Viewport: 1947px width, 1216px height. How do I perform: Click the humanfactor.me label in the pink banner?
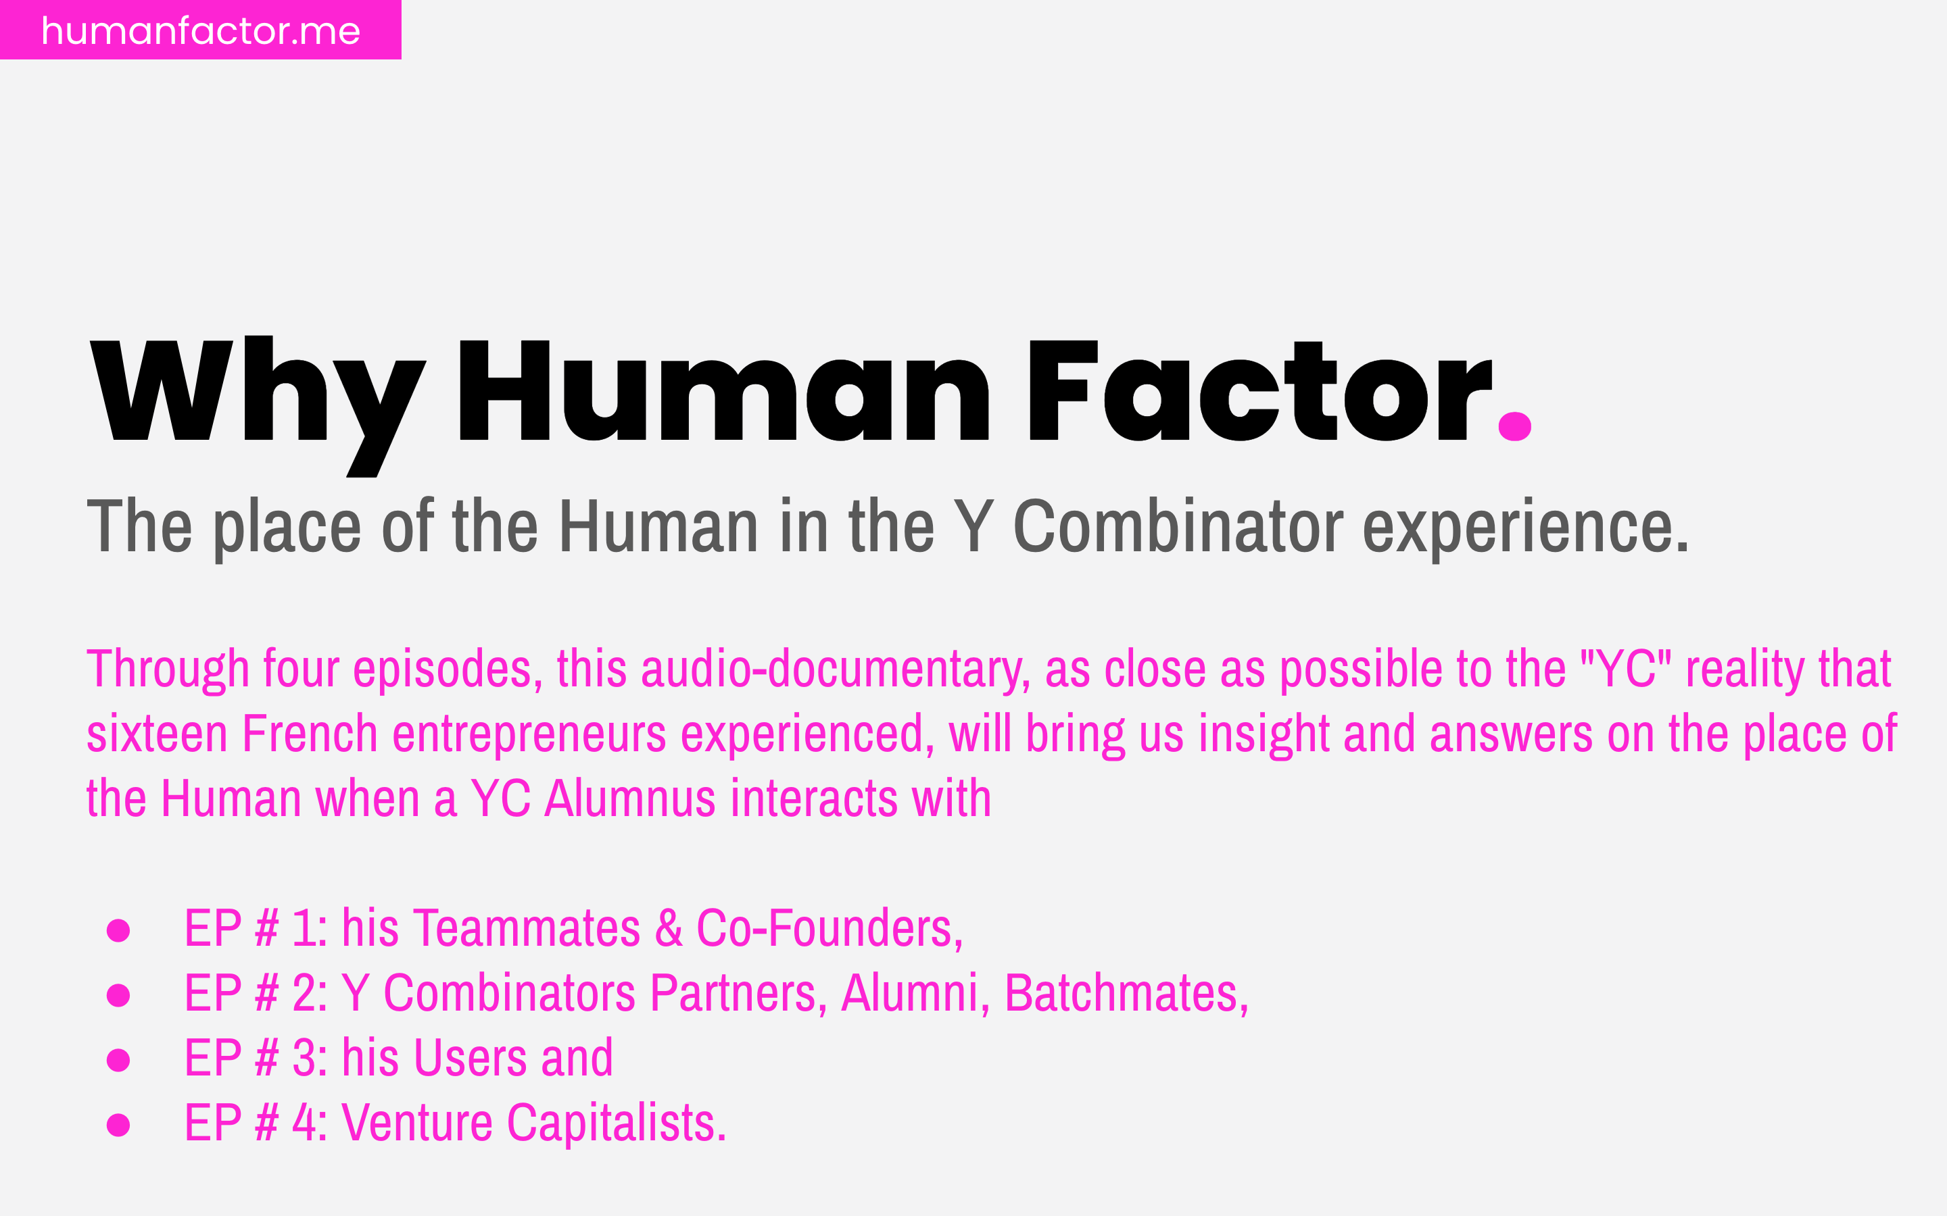click(x=200, y=30)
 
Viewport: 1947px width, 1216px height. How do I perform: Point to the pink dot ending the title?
click(x=1514, y=426)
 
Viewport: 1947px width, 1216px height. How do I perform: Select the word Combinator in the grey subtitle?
click(x=1178, y=527)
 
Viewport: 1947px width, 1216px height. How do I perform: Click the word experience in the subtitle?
click(x=1524, y=528)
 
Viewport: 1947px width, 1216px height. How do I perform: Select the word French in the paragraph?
click(x=310, y=734)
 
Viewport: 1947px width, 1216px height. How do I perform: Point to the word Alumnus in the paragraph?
click(x=630, y=799)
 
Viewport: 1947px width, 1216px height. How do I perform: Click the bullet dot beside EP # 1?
click(x=118, y=930)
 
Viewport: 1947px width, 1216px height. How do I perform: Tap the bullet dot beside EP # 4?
click(x=118, y=1125)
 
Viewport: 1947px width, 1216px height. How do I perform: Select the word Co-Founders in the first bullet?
click(x=829, y=929)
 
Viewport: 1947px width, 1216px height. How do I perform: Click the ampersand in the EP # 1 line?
click(x=669, y=929)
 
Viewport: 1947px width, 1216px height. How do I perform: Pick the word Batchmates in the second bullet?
click(x=1126, y=994)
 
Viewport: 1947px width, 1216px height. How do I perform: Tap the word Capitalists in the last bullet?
click(x=615, y=1123)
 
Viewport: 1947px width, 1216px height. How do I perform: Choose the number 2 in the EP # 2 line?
click(x=304, y=994)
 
